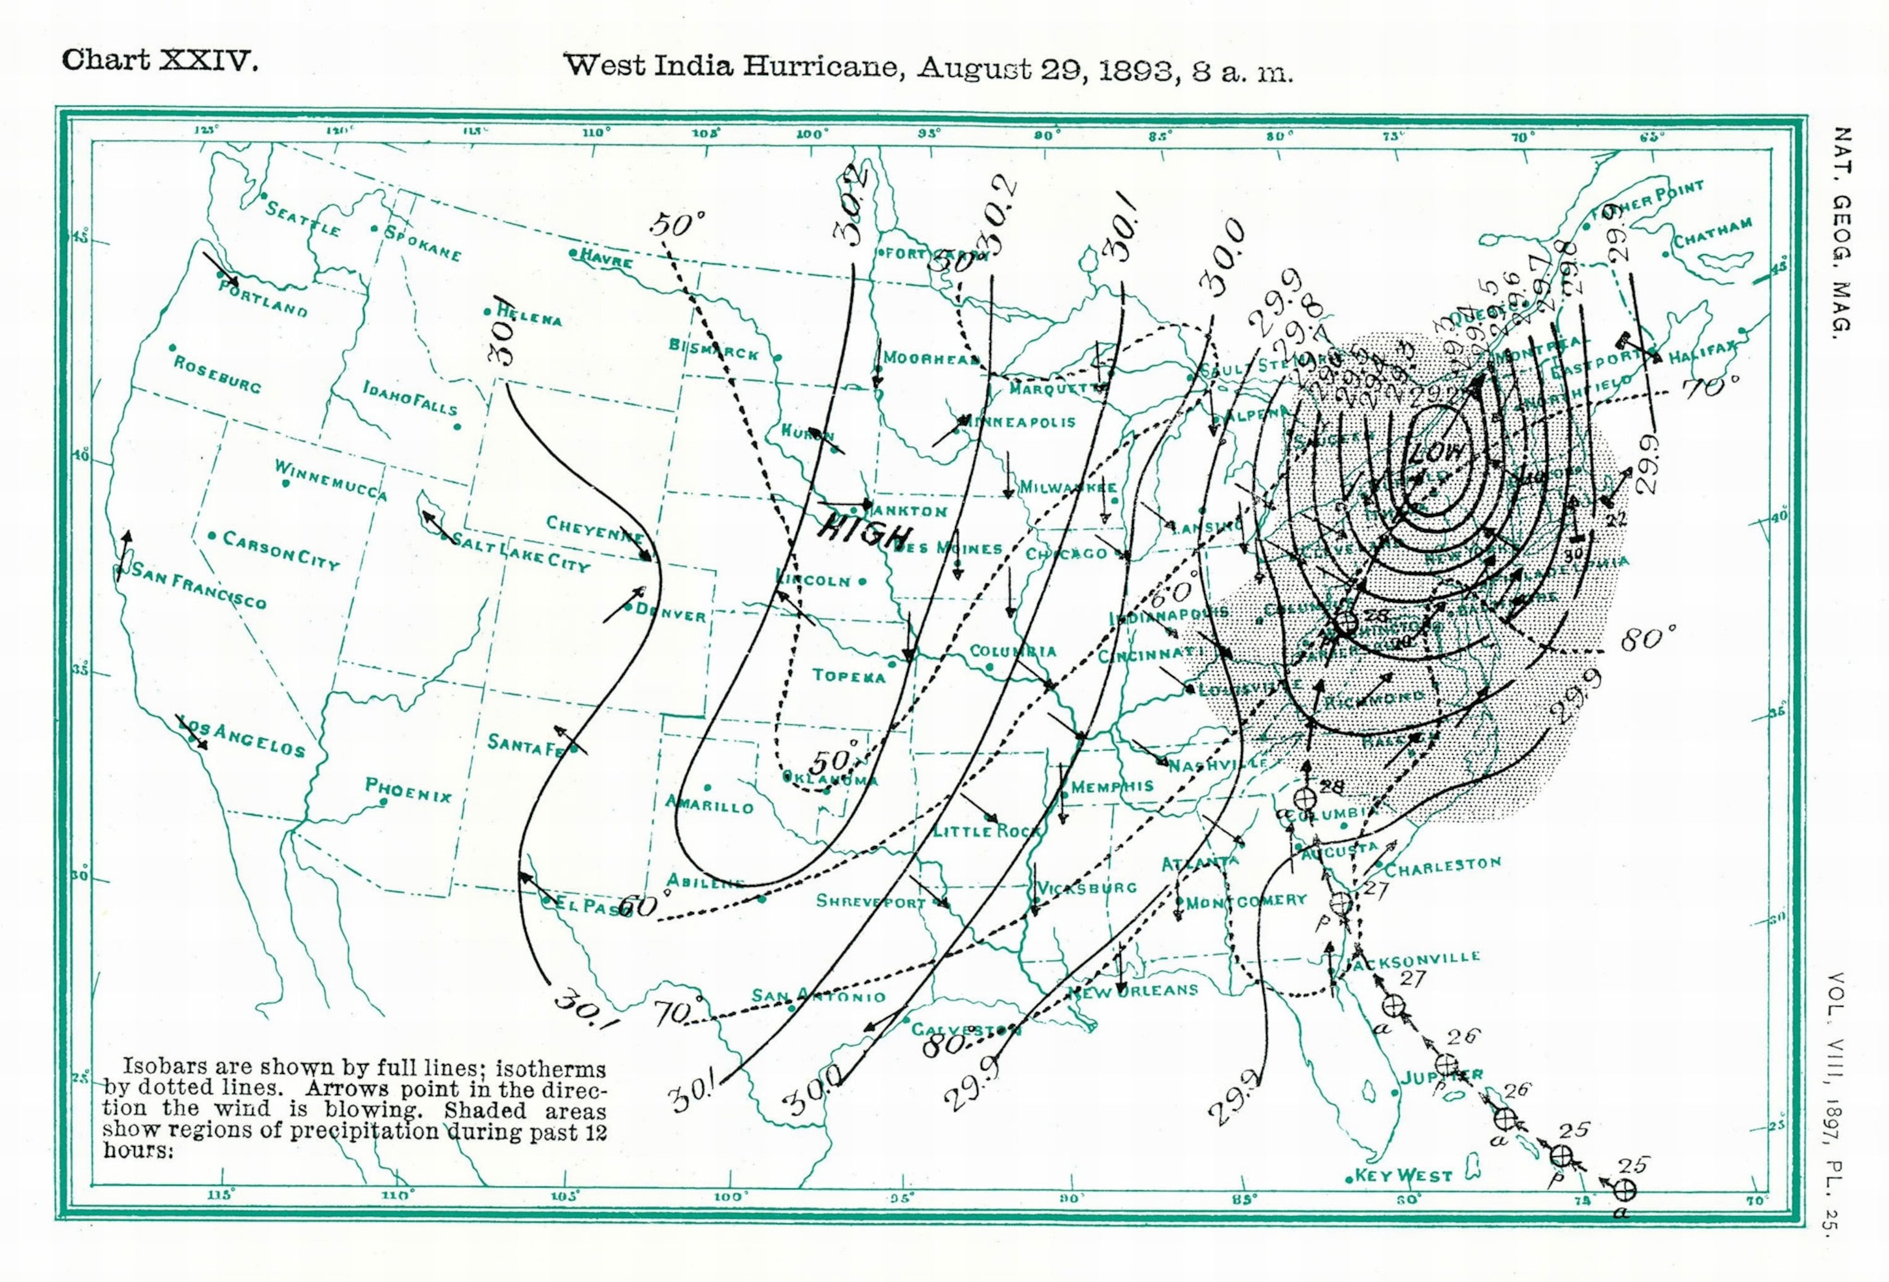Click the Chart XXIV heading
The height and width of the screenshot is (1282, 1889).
coord(160,61)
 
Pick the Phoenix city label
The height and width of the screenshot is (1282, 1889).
coord(408,789)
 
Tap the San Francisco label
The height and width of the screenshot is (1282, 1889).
coord(199,585)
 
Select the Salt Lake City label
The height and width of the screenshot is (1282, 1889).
coord(520,552)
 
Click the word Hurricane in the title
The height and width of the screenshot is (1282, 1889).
coord(823,66)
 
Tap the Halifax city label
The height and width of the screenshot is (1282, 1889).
coord(1702,352)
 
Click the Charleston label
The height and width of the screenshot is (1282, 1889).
coord(1443,866)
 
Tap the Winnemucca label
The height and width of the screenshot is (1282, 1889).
coord(331,480)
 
